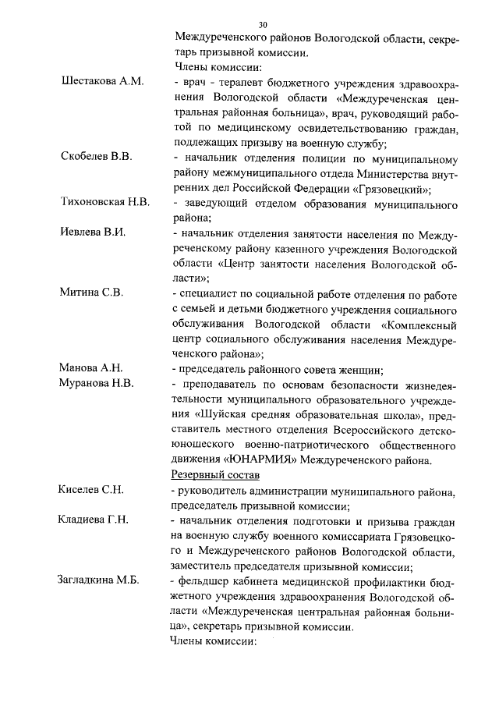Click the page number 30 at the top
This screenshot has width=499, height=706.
pos(263,24)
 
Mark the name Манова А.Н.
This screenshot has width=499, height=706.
pos(91,367)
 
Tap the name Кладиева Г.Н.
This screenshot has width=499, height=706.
pos(94,520)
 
